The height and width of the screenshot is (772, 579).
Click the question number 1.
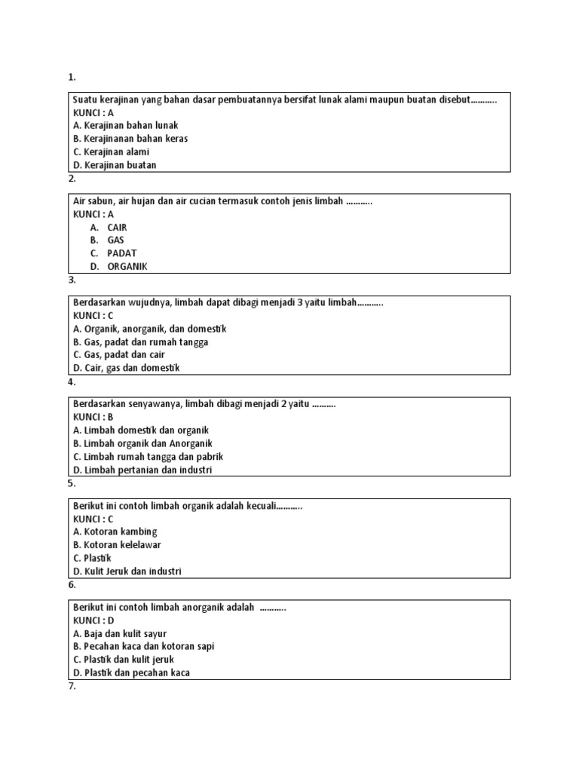pyautogui.click(x=72, y=77)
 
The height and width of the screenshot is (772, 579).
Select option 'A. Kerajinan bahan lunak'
pyautogui.click(x=125, y=126)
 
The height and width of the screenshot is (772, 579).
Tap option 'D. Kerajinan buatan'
pyautogui.click(x=115, y=165)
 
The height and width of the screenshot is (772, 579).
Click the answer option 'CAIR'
pyautogui.click(x=118, y=227)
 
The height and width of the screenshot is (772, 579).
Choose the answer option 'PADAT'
pyautogui.click(x=121, y=253)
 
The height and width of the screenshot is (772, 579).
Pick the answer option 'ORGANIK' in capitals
pyautogui.click(x=127, y=266)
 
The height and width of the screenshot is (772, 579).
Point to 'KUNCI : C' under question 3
pyautogui.click(x=93, y=316)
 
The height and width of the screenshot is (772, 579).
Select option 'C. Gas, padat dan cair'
pyautogui.click(x=118, y=355)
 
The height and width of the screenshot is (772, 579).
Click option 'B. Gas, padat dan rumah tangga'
pyautogui.click(x=140, y=342)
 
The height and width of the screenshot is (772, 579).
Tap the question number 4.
pyautogui.click(x=72, y=382)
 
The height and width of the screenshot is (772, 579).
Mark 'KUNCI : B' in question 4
pyautogui.click(x=93, y=417)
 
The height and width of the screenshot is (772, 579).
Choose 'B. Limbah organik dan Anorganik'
pyautogui.click(x=142, y=443)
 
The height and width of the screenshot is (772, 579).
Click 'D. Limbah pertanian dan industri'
pyautogui.click(x=142, y=470)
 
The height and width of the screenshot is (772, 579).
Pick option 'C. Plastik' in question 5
pyautogui.click(x=92, y=558)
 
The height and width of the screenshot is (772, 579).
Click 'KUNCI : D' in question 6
pyautogui.click(x=93, y=620)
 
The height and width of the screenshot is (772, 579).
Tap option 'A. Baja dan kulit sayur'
pyautogui.click(x=120, y=633)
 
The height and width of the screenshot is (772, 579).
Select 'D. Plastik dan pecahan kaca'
pyautogui.click(x=131, y=672)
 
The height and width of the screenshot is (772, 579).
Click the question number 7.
pyautogui.click(x=72, y=687)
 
